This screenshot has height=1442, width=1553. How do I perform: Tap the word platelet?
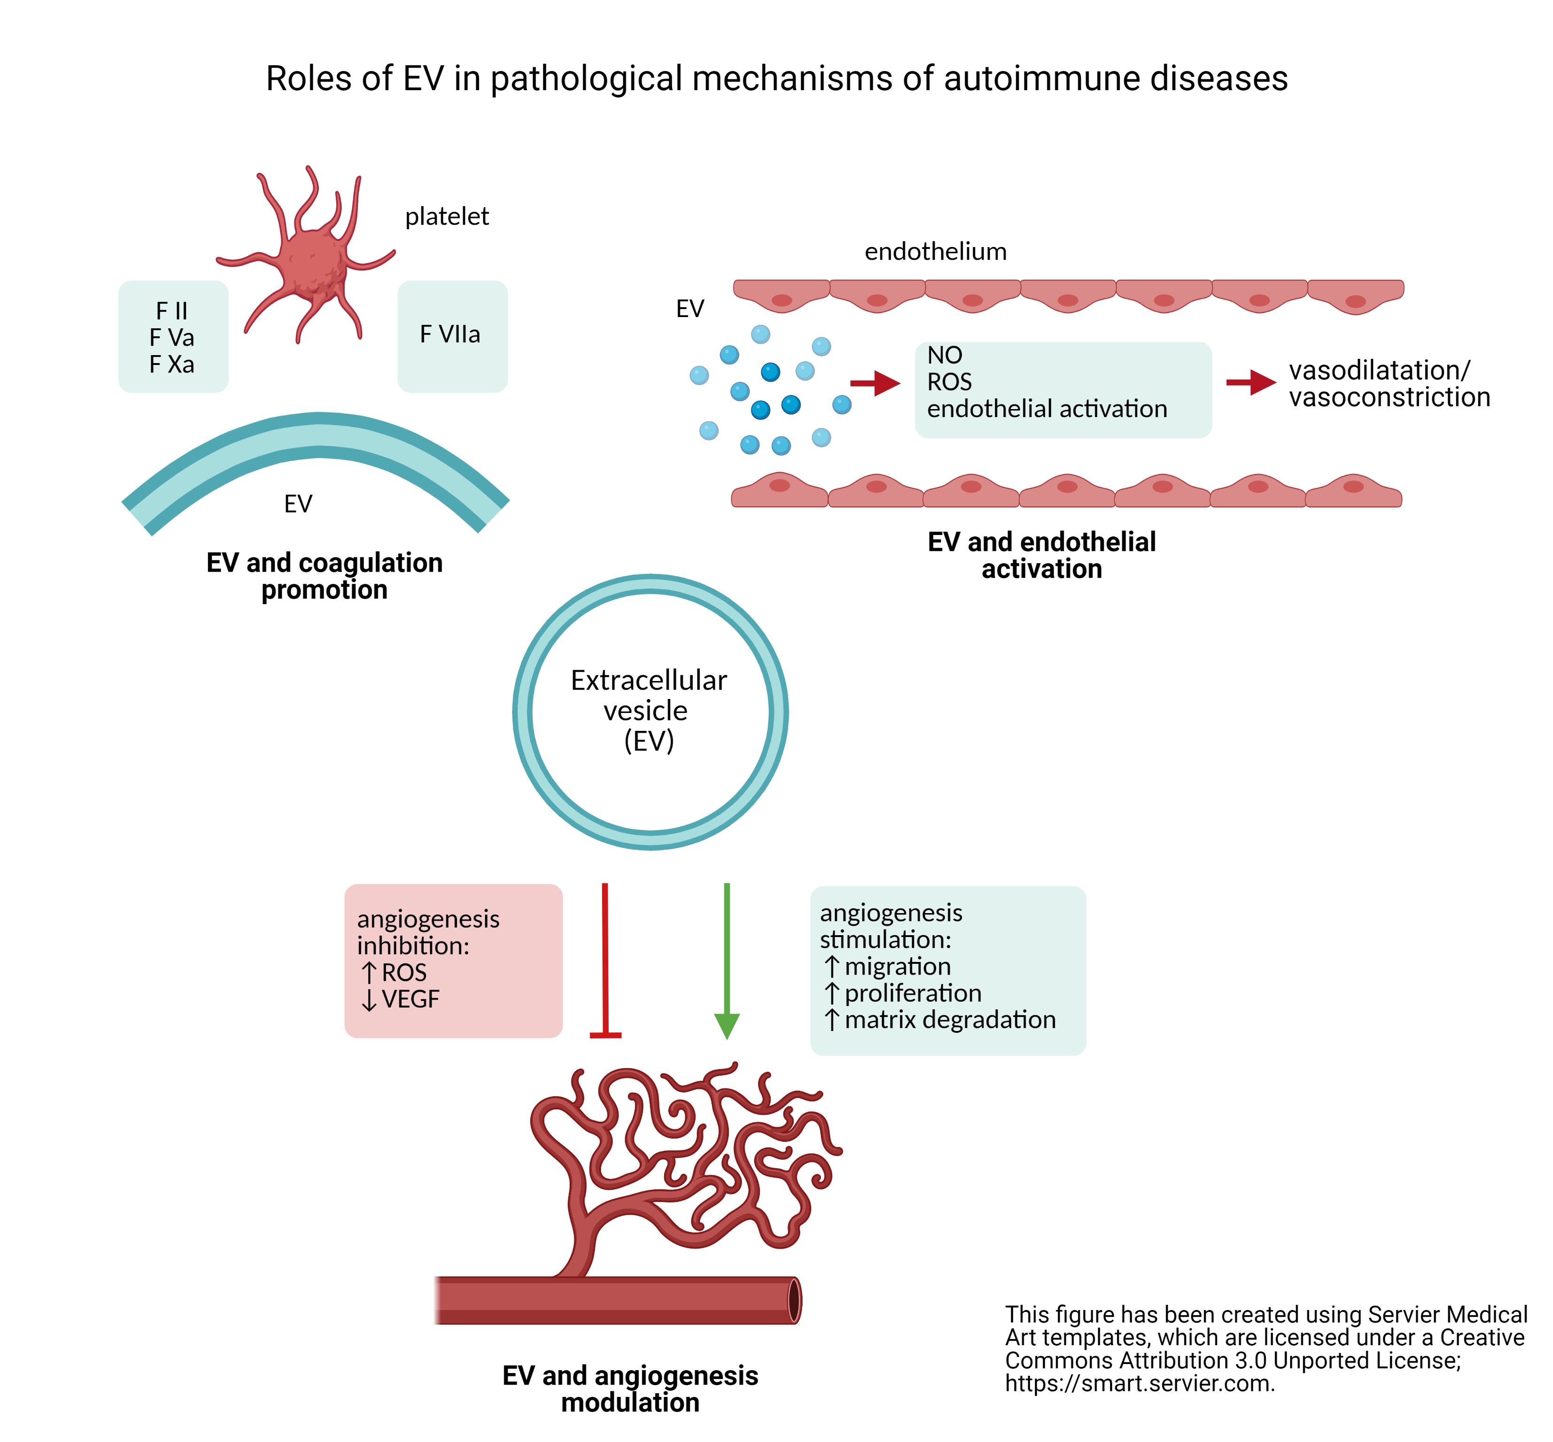(x=446, y=216)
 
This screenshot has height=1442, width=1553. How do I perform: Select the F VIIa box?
(x=452, y=335)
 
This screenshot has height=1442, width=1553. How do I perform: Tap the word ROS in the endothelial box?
(x=949, y=381)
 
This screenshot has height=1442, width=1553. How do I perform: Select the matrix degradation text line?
(x=949, y=1020)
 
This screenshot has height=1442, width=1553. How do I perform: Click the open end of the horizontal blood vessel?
(x=793, y=1301)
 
